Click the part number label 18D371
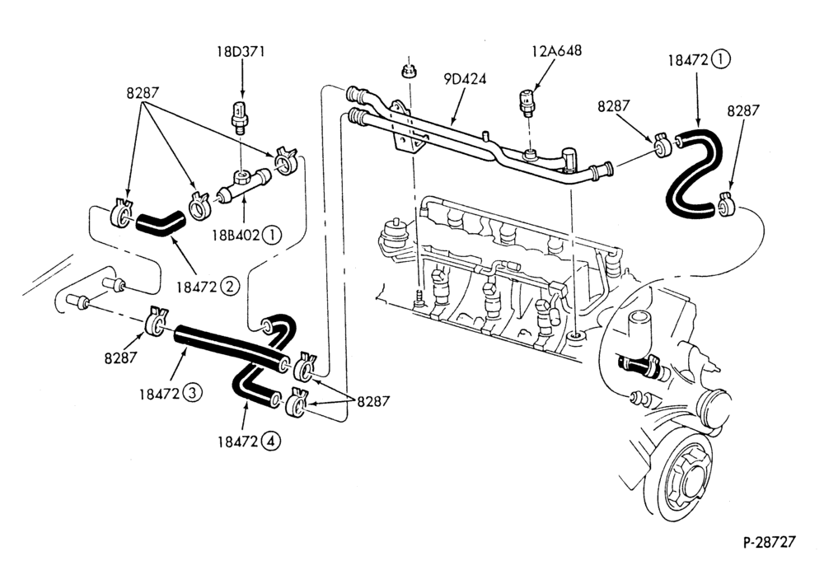[x=241, y=52]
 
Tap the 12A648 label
[x=556, y=50]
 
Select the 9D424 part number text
[x=465, y=79]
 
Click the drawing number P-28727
[x=770, y=542]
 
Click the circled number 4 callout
[x=271, y=442]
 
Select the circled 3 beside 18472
[x=192, y=393]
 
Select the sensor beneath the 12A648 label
[x=527, y=103]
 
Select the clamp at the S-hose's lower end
[x=726, y=205]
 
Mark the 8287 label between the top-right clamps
[x=613, y=105]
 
